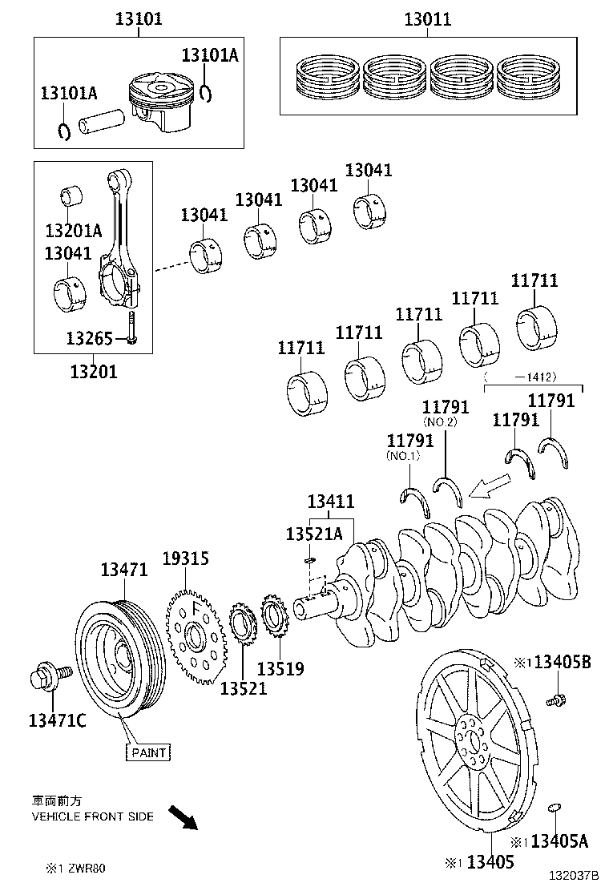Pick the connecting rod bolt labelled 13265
131,329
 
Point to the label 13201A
74,231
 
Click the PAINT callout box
148,752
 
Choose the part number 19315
186,558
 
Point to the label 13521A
314,534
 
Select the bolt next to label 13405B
555,701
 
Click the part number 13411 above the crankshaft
331,502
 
